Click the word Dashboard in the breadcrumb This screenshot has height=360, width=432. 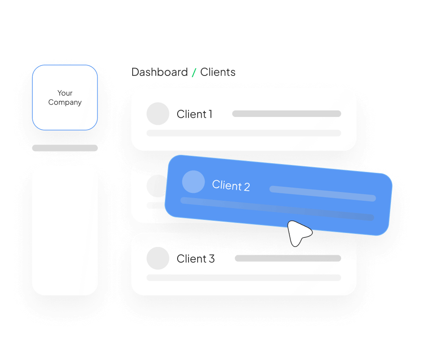(x=160, y=72)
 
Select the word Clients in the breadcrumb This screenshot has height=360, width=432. (x=218, y=72)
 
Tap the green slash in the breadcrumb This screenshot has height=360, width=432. (x=194, y=72)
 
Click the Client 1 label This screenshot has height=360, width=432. (x=194, y=114)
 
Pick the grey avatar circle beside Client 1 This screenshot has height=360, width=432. (x=158, y=114)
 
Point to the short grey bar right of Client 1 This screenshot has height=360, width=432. (x=286, y=114)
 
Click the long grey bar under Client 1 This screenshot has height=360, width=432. (x=243, y=133)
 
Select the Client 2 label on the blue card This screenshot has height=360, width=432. (x=231, y=185)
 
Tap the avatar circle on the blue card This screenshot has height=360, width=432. (x=193, y=182)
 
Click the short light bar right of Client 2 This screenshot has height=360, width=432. (x=322, y=193)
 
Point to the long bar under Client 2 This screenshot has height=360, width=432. (x=277, y=209)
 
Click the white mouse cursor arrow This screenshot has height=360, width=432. (x=298, y=233)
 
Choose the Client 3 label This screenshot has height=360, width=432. (x=195, y=259)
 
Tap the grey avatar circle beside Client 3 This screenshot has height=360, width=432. (x=158, y=258)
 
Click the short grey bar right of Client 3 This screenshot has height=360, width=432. (x=288, y=258)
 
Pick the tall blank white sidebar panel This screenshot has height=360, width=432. (x=65, y=230)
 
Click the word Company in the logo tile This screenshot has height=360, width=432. (x=65, y=103)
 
